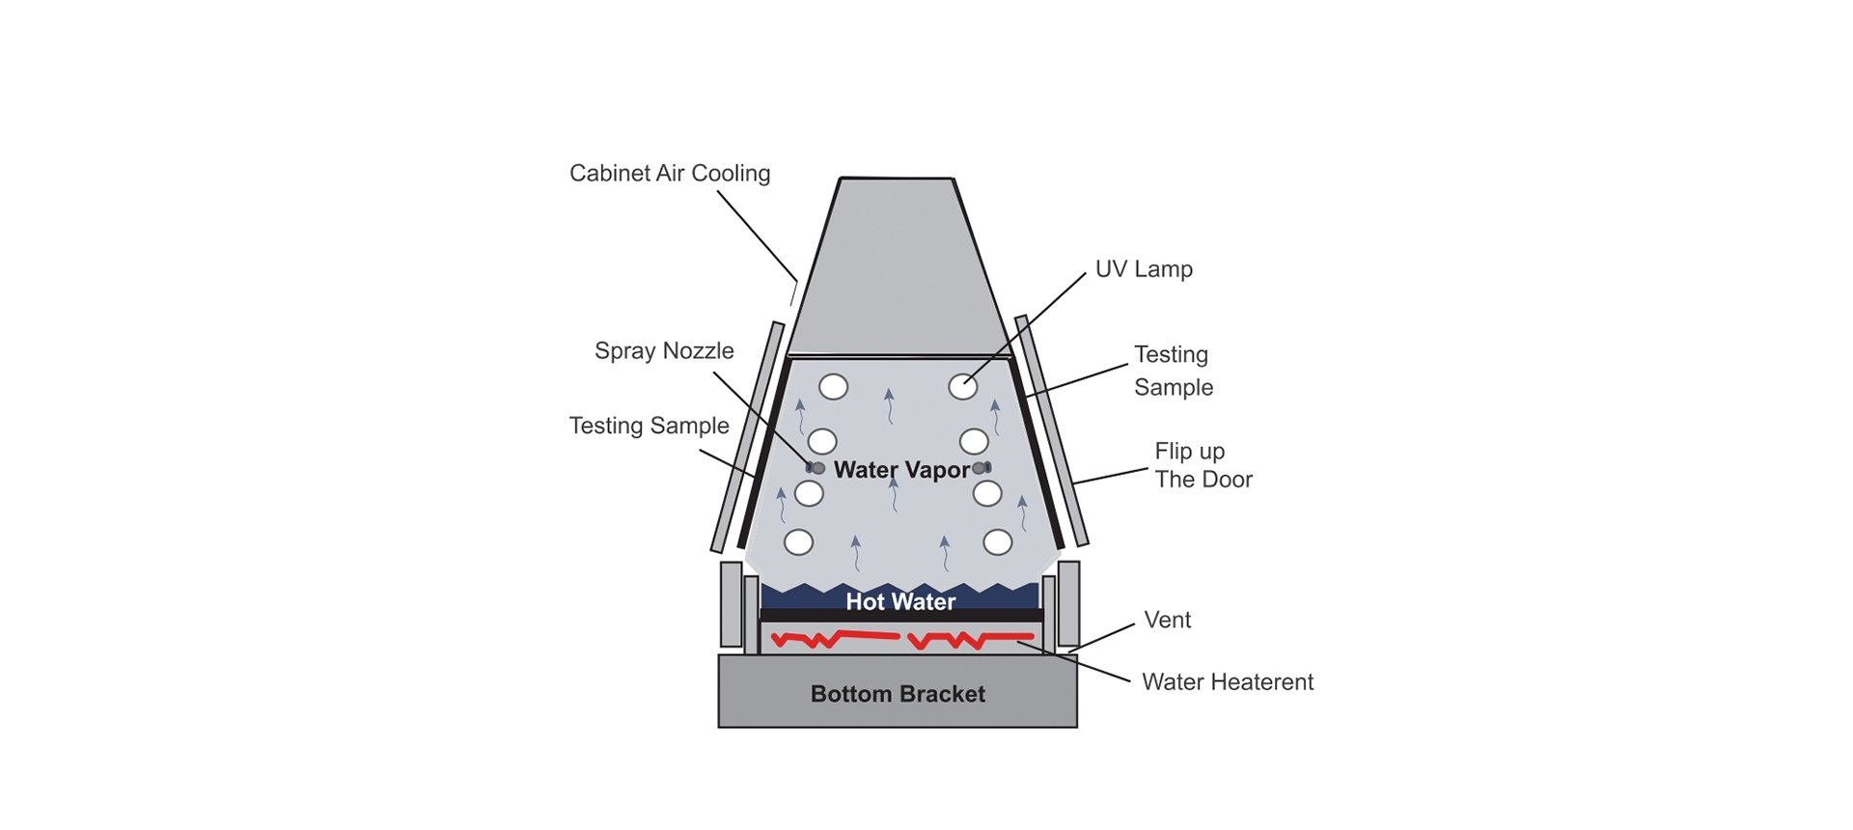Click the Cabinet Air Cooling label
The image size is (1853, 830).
[670, 174]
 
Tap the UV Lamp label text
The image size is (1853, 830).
[1144, 269]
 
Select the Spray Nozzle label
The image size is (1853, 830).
[664, 351]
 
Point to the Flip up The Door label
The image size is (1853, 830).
[1203, 465]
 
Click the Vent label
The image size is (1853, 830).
[1167, 620]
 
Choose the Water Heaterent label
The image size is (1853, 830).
[1227, 682]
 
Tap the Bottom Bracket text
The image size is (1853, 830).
[898, 694]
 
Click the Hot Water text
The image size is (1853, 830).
[900, 602]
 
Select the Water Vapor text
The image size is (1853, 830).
[901, 470]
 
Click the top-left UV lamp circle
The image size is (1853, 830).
[833, 387]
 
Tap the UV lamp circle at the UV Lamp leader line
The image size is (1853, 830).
[962, 387]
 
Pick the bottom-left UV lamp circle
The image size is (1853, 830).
[798, 542]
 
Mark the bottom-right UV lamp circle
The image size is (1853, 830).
[997, 542]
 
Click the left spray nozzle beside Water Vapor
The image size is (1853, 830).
[816, 468]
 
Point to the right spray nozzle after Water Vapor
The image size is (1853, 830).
[982, 468]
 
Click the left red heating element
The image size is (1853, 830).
[835, 638]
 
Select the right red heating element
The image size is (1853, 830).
[970, 639]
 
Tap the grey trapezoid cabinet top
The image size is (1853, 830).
[898, 270]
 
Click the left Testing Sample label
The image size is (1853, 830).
[649, 426]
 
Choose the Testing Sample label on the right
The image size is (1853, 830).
[1173, 371]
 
